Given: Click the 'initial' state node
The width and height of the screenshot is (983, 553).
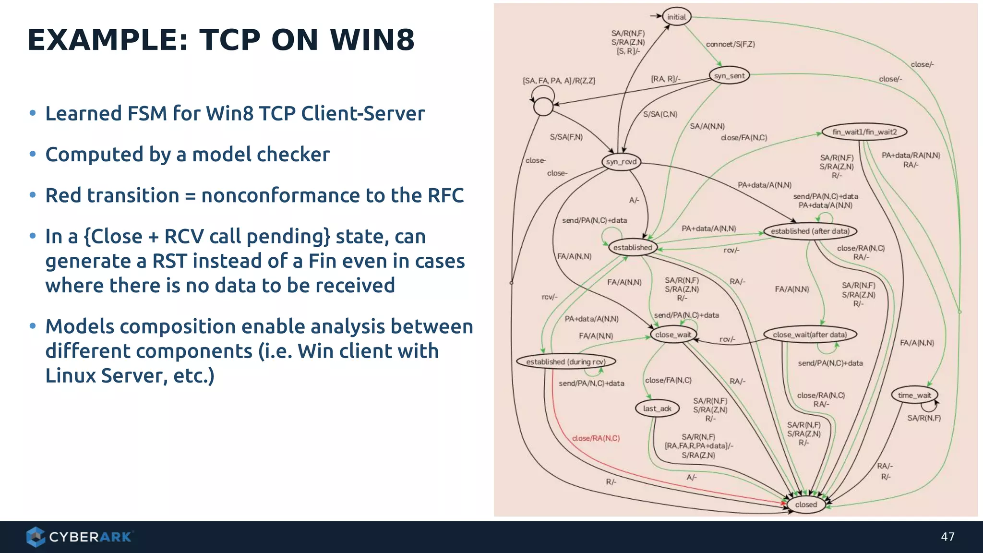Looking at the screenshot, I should (677, 17).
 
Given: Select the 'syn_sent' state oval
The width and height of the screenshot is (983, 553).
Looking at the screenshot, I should (729, 75).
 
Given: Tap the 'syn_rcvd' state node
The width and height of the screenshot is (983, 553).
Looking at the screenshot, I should (621, 162).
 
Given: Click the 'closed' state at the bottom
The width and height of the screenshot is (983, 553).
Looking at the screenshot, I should (806, 505).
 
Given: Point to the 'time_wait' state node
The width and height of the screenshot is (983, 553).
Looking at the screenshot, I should (914, 395).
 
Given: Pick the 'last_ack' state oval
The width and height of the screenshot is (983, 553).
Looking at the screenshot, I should (657, 409).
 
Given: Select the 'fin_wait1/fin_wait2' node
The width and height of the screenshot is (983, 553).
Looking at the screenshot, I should (864, 132).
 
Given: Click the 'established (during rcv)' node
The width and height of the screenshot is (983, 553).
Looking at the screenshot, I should (565, 361).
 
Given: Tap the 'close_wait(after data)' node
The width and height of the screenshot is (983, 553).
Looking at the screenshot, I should (810, 335).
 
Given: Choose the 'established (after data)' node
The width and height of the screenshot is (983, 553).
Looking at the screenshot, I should (810, 231).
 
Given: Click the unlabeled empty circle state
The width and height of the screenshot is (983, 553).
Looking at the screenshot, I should (543, 107).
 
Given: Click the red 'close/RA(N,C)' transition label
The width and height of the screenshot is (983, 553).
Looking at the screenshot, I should (596, 438).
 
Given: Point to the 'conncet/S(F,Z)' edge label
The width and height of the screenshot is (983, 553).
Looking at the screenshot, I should (730, 44).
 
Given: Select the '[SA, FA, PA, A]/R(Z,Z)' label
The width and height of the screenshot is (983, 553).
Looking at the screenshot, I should (559, 81).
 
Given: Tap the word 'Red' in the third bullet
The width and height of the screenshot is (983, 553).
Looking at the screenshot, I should (66, 195).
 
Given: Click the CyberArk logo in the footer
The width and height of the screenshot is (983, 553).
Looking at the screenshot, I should (79, 537).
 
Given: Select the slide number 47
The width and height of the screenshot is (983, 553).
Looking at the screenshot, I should (947, 537).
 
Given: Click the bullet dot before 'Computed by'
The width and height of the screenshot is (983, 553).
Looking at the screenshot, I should (33, 154).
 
